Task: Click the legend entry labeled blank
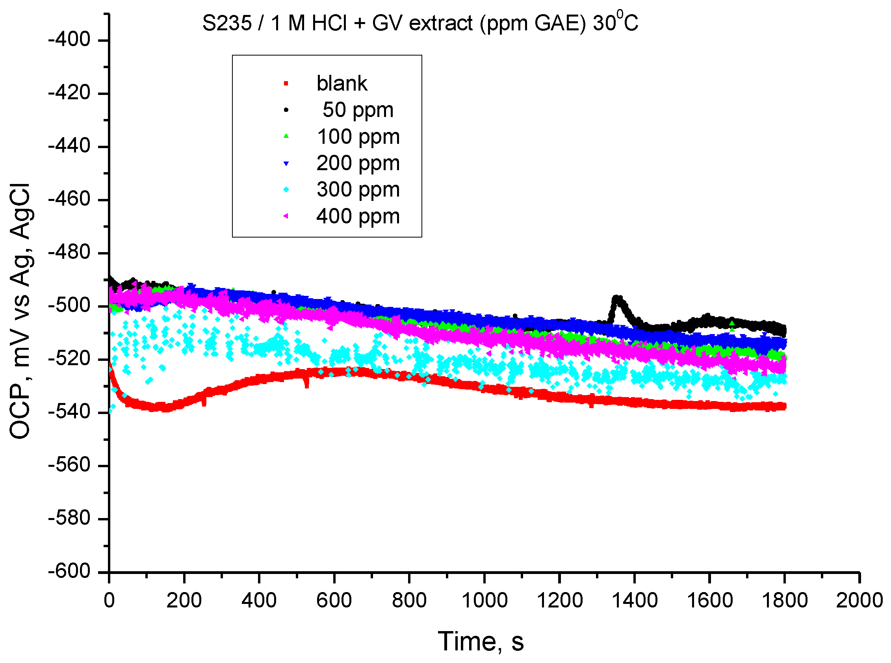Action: coord(342,84)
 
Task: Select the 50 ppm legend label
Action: coord(357,110)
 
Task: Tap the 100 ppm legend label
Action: coord(358,137)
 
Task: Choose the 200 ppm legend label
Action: coord(358,163)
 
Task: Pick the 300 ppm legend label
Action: coord(358,189)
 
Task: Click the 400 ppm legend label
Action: coord(358,216)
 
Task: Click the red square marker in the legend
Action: coord(286,84)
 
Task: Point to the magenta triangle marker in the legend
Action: coord(286,216)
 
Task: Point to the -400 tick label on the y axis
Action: coord(69,40)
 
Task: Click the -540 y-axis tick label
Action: coord(69,412)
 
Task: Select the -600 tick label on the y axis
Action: coord(69,571)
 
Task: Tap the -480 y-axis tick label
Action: coord(69,253)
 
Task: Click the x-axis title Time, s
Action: coord(481,641)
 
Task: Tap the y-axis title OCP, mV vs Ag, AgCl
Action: coord(20,311)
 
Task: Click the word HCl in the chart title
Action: coord(329,23)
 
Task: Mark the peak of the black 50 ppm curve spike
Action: coord(617,299)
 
